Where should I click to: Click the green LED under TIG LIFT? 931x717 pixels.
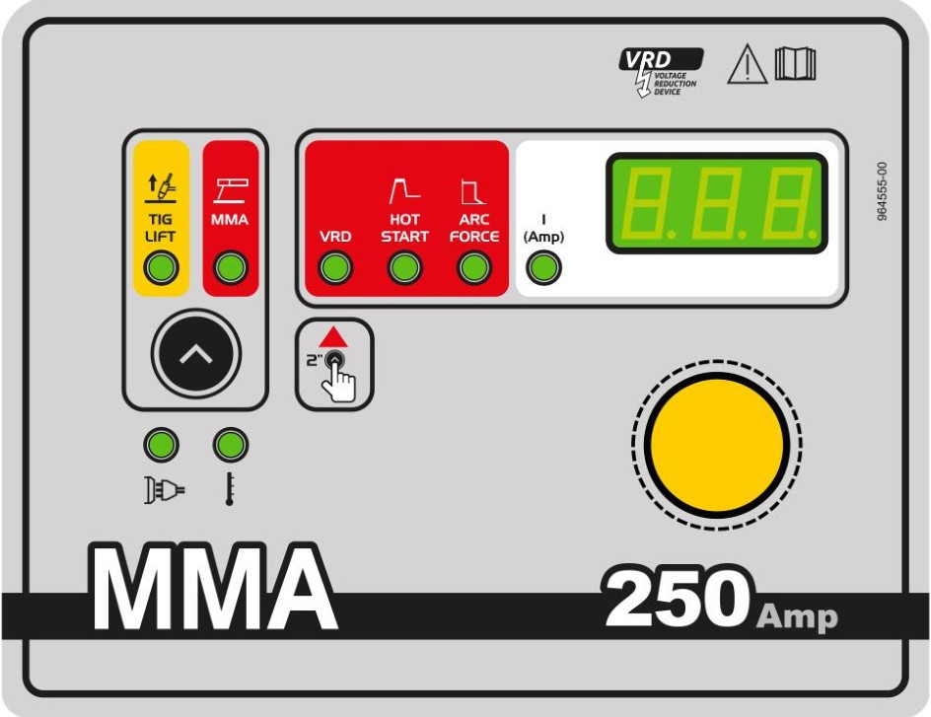[x=161, y=267]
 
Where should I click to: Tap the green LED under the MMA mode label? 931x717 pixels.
[x=231, y=267]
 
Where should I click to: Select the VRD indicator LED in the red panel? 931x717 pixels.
[x=335, y=267]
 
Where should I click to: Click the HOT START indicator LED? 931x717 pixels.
[x=405, y=267]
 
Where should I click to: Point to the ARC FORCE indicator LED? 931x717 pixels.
[x=474, y=267]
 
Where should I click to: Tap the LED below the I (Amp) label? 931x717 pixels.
[x=543, y=267]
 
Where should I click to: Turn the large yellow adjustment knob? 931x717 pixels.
[x=717, y=445]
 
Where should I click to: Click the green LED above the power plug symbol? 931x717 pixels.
[x=161, y=445]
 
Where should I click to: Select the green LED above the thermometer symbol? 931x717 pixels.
[x=231, y=445]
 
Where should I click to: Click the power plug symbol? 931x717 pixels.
[x=164, y=490]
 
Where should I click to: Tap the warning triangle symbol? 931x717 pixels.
[x=748, y=64]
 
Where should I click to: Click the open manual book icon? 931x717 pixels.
[x=795, y=63]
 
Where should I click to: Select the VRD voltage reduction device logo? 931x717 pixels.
[x=661, y=72]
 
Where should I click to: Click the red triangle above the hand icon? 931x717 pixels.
[x=333, y=336]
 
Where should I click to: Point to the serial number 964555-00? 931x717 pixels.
[x=883, y=191]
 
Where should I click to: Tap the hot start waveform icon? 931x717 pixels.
[x=405, y=191]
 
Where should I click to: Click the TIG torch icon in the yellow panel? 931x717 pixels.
[x=162, y=187]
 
